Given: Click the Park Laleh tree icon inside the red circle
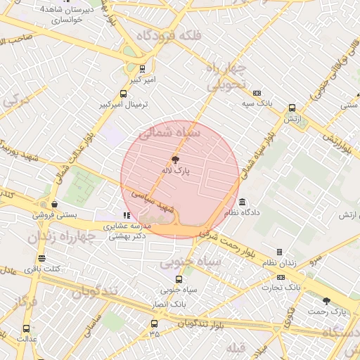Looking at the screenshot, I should click(x=176, y=160).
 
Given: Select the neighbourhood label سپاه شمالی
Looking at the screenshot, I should click(x=169, y=131).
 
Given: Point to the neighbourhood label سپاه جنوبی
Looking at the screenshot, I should click(x=190, y=262).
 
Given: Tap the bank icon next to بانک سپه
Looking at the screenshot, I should click(x=257, y=93).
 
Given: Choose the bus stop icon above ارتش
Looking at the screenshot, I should click(x=292, y=108).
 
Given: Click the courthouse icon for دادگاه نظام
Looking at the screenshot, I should click(x=243, y=202).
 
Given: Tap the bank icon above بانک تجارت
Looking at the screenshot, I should click(x=281, y=276).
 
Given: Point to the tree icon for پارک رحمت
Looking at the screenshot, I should click(x=325, y=300).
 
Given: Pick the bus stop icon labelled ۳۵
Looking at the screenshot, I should click(x=155, y=323).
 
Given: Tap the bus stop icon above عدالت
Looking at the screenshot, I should click(x=27, y=328).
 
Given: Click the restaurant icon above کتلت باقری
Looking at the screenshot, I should click(x=41, y=258).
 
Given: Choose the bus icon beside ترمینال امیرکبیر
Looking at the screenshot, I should click(x=124, y=94).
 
